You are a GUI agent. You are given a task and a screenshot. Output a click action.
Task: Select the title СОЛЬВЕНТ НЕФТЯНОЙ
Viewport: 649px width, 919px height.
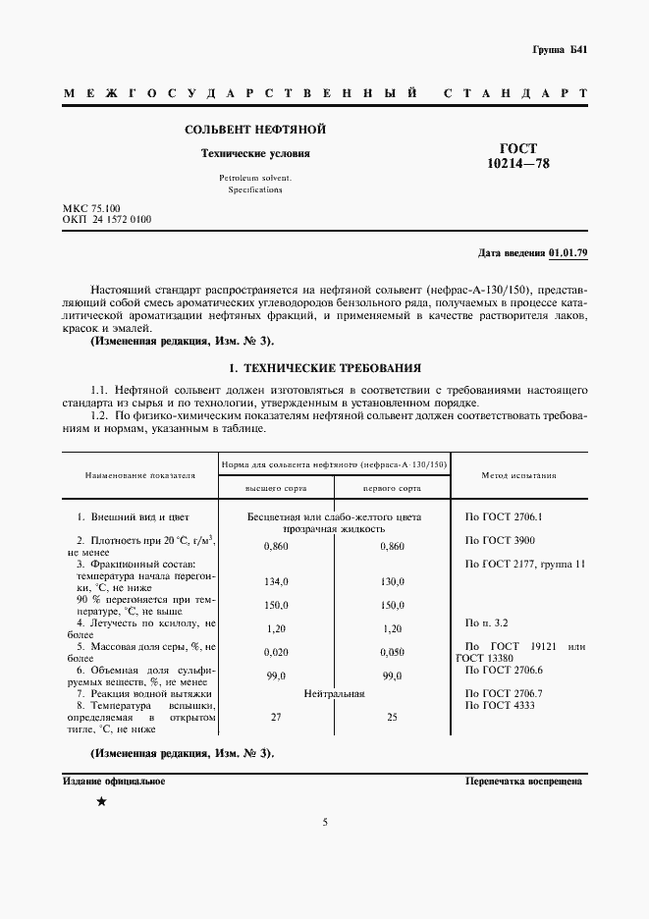255,130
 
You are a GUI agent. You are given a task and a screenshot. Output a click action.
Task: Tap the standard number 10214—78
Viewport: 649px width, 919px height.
518,164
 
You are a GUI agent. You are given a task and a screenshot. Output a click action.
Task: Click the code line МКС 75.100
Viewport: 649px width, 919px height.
91,209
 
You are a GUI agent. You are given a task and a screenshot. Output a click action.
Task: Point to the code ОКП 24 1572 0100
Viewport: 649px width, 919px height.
107,221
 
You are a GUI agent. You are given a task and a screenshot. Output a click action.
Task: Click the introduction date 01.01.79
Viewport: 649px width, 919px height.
568,253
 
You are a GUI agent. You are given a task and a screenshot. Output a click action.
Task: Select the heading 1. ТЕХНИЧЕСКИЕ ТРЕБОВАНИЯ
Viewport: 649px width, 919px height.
324,368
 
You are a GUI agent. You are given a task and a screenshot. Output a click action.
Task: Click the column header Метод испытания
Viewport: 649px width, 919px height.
518,474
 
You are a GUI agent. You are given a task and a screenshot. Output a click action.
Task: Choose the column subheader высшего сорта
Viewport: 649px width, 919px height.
276,487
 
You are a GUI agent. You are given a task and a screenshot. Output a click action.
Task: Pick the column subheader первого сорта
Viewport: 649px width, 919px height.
392,487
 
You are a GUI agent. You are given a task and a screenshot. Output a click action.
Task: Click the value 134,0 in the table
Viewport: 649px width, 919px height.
276,581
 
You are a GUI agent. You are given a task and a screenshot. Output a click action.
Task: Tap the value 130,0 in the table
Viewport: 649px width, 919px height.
392,581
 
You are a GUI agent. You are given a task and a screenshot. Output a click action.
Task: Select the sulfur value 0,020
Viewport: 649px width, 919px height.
276,651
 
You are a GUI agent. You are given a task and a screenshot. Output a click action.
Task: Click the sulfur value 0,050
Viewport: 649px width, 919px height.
392,651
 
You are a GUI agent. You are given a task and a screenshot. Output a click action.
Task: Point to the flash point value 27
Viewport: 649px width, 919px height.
276,718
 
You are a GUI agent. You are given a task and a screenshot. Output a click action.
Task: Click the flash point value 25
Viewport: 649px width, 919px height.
392,718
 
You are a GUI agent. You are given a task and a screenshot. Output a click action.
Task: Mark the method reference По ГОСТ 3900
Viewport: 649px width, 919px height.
499,541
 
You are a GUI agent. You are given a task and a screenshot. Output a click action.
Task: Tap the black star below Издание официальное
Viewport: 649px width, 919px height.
101,802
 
